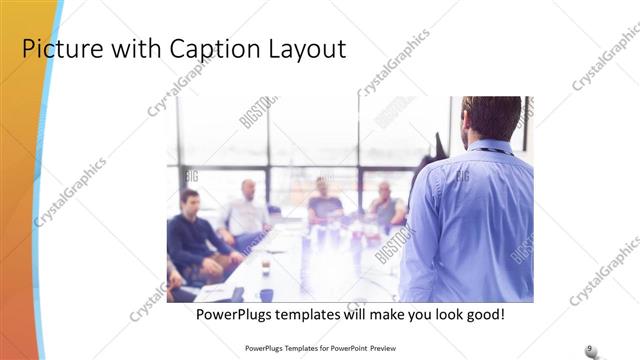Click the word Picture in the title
pos(61,49)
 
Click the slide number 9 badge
pos(590,347)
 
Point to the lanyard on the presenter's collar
pos(490,151)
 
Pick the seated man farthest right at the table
pos(385,206)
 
